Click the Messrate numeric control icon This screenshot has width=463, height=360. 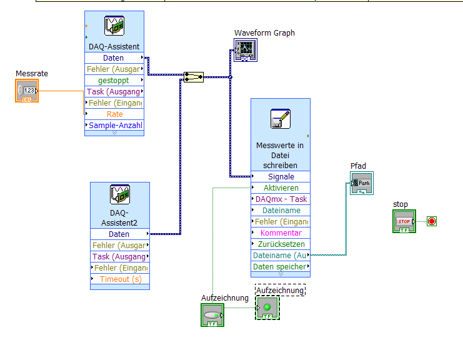point(27,91)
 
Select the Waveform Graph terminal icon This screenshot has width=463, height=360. point(246,51)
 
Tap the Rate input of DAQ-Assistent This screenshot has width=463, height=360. point(114,114)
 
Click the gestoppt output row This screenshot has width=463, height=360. point(114,81)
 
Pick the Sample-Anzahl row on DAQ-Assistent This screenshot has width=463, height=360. point(114,126)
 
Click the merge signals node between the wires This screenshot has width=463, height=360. point(194,77)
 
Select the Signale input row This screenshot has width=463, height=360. point(281,177)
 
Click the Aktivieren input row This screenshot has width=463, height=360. point(281,188)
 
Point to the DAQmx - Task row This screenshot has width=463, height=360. point(281,199)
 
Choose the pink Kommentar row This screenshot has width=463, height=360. point(281,233)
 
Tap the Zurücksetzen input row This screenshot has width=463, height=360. point(281,244)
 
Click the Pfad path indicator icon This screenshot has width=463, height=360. point(362,184)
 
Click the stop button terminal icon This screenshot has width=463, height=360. point(404,222)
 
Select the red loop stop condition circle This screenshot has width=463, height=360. point(431,221)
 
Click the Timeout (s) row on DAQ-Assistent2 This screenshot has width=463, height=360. point(121,279)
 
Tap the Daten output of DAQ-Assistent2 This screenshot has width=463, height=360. point(121,234)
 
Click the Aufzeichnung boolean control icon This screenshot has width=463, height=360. point(212,315)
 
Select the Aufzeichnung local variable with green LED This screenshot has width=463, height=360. point(267,307)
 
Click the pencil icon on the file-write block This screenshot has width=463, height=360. point(281,119)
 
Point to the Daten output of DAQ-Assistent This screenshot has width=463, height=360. point(114,58)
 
